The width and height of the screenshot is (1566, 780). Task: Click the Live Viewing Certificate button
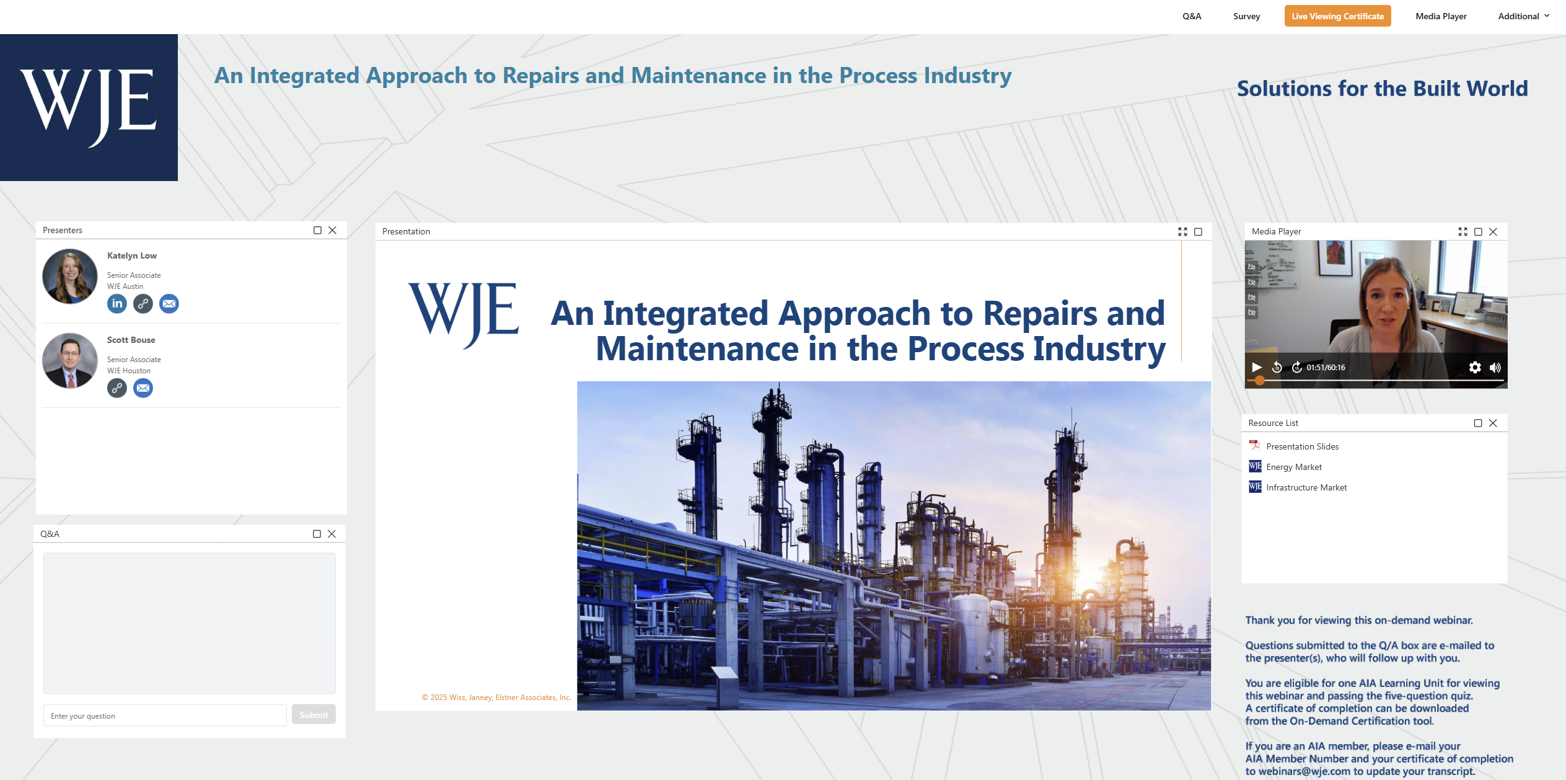(x=1337, y=16)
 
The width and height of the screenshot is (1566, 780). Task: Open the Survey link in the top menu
(x=1246, y=16)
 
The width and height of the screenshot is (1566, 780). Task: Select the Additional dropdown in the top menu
(x=1523, y=16)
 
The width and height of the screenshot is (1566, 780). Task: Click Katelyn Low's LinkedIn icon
(x=117, y=304)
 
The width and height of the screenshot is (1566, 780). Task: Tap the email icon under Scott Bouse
(x=143, y=388)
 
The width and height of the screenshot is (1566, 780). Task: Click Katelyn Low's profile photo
(x=70, y=277)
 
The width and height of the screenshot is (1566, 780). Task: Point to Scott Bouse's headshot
(x=70, y=361)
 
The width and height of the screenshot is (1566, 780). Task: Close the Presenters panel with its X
(x=333, y=230)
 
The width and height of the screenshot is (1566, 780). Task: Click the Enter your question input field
(x=165, y=716)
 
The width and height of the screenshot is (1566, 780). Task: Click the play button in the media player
(x=1257, y=367)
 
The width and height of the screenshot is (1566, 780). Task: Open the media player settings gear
(x=1475, y=368)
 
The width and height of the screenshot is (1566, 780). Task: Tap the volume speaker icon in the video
(x=1495, y=368)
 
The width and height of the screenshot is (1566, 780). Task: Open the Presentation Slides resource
(x=1302, y=446)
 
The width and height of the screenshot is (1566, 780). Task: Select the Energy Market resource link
(x=1293, y=467)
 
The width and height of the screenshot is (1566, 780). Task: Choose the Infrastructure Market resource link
(x=1306, y=487)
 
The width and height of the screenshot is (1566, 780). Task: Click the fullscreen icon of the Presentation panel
(x=1182, y=232)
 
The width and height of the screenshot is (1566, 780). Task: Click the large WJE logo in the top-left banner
(x=89, y=107)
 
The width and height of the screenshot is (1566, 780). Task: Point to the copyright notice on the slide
(x=496, y=698)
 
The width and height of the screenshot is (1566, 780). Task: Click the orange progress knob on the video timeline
(x=1260, y=380)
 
